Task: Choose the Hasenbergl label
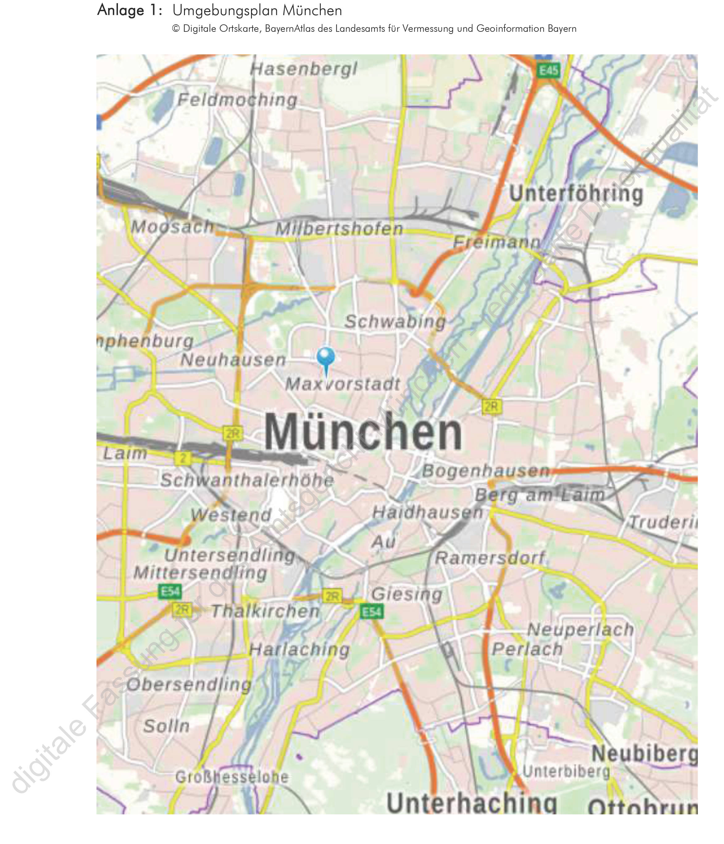[x=304, y=69]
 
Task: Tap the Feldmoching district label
[x=237, y=100]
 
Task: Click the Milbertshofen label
[x=339, y=229]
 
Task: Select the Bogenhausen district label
[x=486, y=471]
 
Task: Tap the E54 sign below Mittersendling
[x=170, y=591]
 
